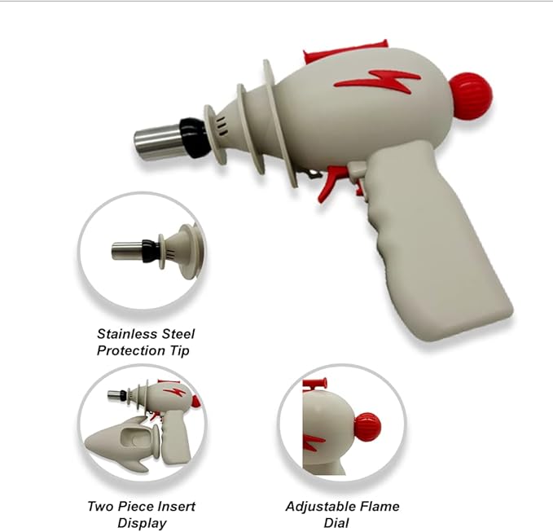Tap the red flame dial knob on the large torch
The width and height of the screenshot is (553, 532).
(471, 95)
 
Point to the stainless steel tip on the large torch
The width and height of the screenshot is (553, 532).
(158, 142)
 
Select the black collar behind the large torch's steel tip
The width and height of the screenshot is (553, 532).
(192, 137)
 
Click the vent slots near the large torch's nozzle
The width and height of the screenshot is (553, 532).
(222, 125)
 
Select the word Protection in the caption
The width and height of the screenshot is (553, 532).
(131, 350)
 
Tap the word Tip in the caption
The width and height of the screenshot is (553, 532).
(181, 350)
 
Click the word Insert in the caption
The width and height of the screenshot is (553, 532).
(174, 506)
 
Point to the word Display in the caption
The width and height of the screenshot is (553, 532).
(142, 523)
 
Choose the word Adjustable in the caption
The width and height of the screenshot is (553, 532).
(314, 507)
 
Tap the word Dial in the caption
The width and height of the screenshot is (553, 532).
(336, 522)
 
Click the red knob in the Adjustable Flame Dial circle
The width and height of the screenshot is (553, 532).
(367, 427)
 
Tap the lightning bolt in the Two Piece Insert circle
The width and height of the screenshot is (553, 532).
(174, 393)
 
